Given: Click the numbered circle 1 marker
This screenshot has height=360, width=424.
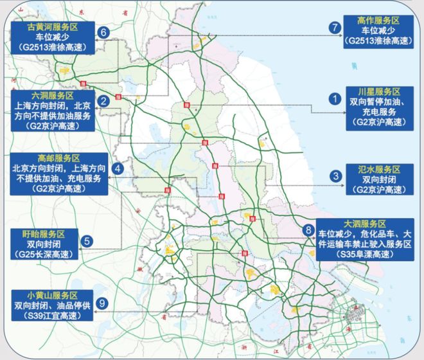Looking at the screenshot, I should tap(334, 99).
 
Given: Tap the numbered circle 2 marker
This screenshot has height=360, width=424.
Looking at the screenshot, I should tap(103, 101).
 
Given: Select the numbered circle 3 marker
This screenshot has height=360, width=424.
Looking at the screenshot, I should tap(335, 175).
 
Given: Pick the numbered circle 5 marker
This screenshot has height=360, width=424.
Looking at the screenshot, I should tap(89, 242).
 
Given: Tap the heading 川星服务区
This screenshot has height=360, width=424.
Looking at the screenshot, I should tap(378, 92).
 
